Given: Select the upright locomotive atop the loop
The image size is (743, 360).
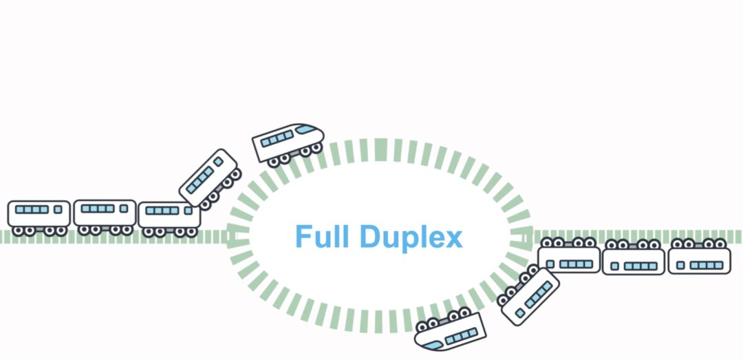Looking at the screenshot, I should (288, 142).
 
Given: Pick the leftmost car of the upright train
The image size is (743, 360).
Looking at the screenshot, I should (39, 213).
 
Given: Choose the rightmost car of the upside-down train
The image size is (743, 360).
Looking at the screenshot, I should (699, 260).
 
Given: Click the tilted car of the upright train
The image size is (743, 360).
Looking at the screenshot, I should (208, 177).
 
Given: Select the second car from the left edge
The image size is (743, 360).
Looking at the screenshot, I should (105, 213).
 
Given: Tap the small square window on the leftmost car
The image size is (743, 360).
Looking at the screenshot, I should (58, 209).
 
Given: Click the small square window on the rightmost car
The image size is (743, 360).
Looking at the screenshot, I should (680, 265).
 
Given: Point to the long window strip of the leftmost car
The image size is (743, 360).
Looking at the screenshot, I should (32, 209).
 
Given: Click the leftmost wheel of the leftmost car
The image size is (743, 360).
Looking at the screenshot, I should (19, 231).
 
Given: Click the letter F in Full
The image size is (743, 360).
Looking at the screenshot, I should (302, 237).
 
